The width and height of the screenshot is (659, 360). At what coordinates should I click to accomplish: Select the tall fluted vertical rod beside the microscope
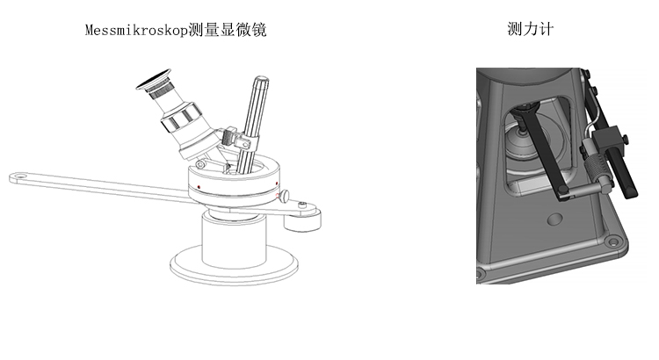[256, 114]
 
